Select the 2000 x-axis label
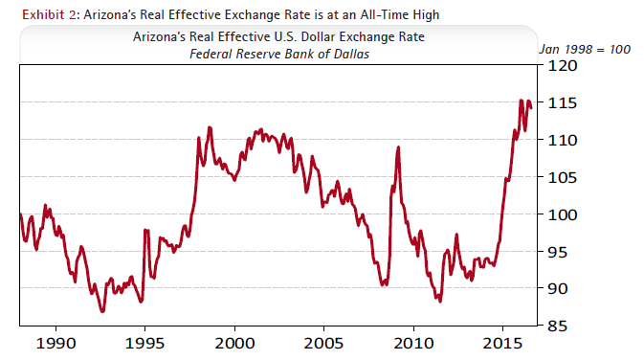tap(234, 343)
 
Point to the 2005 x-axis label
tap(323, 343)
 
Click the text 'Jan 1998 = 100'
tap(584, 49)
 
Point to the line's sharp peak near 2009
tap(398, 147)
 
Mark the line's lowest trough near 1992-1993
tap(102, 311)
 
